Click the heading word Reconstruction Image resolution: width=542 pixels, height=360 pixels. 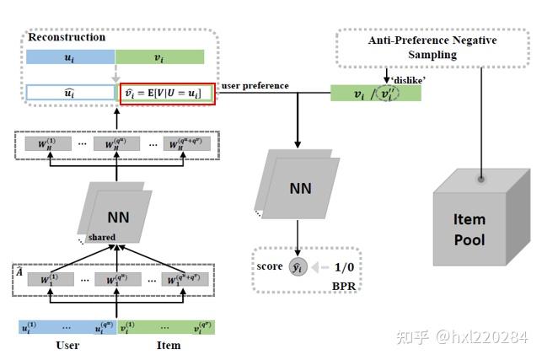pyautogui.click(x=67, y=37)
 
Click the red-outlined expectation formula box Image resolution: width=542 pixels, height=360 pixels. pyautogui.click(x=169, y=92)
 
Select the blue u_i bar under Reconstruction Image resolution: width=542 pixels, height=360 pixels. pyautogui.click(x=70, y=57)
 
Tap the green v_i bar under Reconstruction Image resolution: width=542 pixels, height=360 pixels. pyautogui.click(x=159, y=57)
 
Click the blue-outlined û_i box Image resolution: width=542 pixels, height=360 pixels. pyautogui.click(x=70, y=93)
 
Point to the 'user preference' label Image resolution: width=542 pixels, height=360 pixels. pyautogui.click(x=255, y=86)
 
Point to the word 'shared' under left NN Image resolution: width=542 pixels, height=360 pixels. pyautogui.click(x=102, y=237)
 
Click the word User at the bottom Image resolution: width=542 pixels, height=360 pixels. pyautogui.click(x=67, y=346)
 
